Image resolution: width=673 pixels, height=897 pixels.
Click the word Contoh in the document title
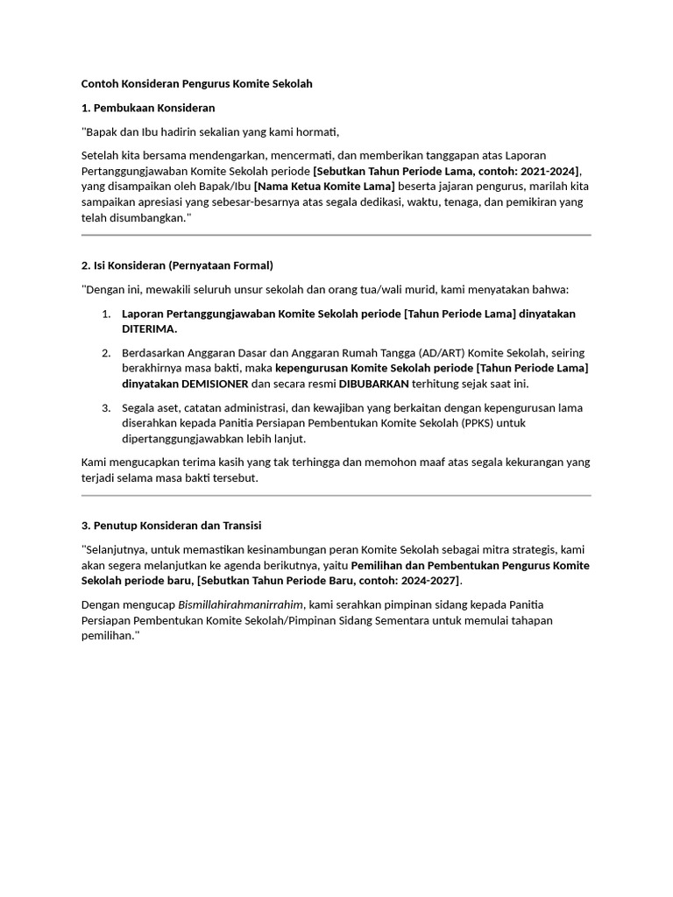pos(100,84)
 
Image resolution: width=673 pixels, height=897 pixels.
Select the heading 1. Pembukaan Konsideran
pos(148,108)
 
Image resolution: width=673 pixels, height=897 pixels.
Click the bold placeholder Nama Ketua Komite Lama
pos(325,187)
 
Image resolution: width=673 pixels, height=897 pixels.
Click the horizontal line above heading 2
pos(336,236)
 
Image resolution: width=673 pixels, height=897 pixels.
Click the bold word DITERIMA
pos(149,329)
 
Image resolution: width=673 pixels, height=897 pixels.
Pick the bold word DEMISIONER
pos(215,384)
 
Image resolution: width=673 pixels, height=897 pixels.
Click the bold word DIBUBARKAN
pos(374,384)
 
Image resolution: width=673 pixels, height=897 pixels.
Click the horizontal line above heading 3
pos(336,496)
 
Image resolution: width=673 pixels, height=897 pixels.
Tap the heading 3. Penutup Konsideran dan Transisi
pos(171,526)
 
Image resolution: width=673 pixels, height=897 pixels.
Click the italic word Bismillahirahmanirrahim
pos(241,604)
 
